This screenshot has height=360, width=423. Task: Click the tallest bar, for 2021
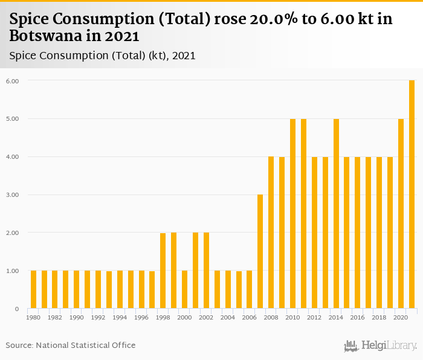(412, 194)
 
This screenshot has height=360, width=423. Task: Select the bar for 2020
(401, 214)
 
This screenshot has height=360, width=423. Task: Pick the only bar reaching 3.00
(260, 252)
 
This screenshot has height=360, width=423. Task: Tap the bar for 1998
(163, 271)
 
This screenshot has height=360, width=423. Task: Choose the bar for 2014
(336, 214)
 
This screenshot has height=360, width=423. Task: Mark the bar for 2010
(292, 214)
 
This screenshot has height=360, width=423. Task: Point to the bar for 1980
(33, 290)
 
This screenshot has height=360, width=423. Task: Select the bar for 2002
(206, 271)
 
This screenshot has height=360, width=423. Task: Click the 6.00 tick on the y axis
(13, 81)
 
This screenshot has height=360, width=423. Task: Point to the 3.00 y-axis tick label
(13, 195)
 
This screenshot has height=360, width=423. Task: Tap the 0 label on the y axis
(17, 309)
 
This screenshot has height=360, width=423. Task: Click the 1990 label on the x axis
(77, 317)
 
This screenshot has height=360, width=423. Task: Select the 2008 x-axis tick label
(271, 317)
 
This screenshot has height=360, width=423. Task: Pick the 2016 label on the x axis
(357, 317)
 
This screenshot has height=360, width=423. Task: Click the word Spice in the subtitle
(23, 56)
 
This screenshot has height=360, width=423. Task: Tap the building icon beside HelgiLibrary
(351, 346)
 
